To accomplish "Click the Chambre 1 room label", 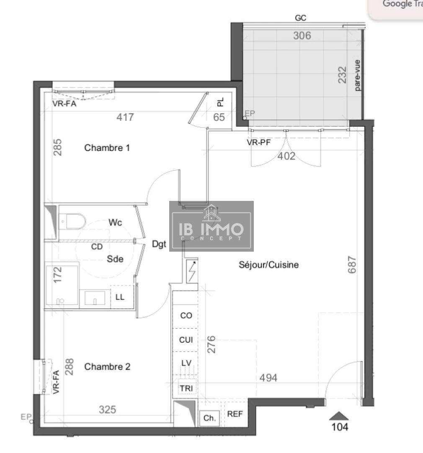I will (107, 148).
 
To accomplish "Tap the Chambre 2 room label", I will (107, 367).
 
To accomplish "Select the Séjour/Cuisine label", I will (268, 265).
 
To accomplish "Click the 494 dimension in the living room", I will (268, 378).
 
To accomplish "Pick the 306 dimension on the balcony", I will (302, 36).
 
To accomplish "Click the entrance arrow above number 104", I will (339, 416).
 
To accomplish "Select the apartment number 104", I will (340, 427).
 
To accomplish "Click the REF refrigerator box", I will (235, 414).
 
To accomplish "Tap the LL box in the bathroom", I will (120, 297).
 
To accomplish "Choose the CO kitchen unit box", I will (186, 315).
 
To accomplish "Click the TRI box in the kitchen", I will (186, 389).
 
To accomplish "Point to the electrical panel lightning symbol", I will (193, 271).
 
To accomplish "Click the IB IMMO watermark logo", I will (211, 226).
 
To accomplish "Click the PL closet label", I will (221, 102).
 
